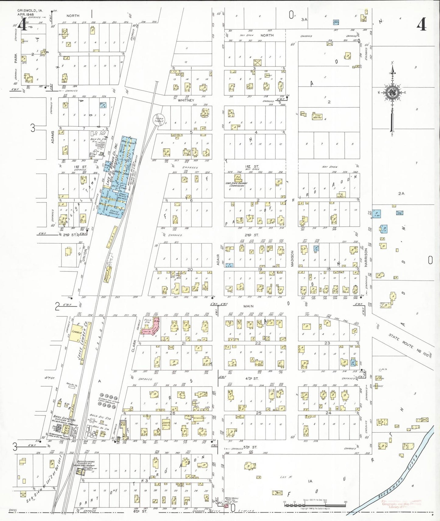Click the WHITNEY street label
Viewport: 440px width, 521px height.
coord(186,100)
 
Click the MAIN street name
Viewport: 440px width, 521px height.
coord(248,306)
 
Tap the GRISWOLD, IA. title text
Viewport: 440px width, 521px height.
coord(30,11)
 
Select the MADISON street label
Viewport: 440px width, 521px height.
coord(292,258)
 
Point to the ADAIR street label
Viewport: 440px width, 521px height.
coord(218,260)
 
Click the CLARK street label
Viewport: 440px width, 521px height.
coord(133,346)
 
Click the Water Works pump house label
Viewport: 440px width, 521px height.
coord(231,500)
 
